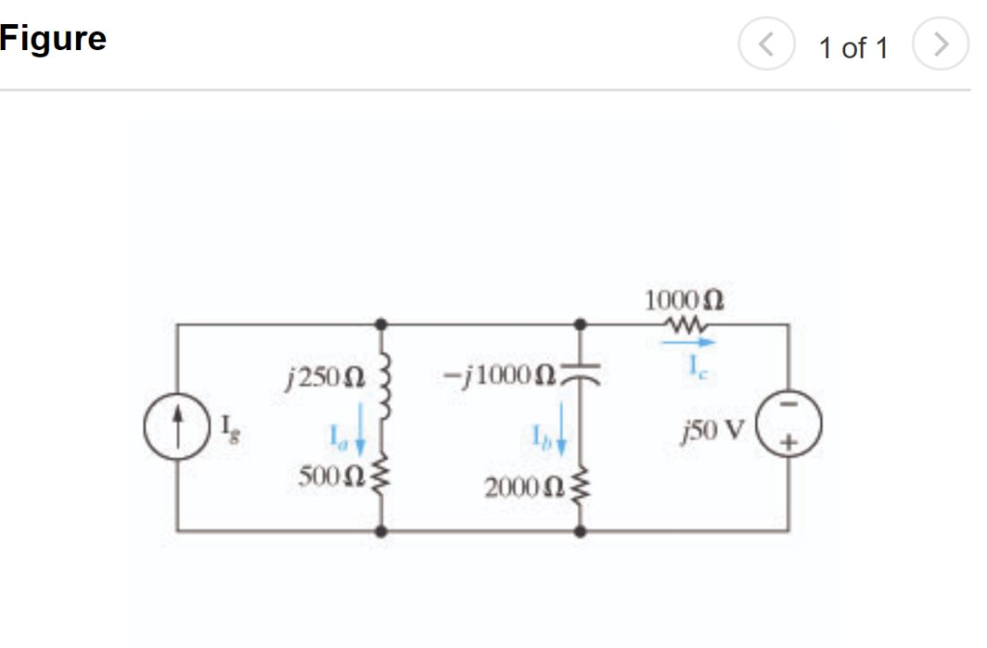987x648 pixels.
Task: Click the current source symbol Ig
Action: click(x=176, y=428)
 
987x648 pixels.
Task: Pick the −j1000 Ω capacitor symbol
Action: click(x=579, y=372)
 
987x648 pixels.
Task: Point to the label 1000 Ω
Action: click(x=684, y=299)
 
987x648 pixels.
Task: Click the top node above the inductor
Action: click(x=384, y=325)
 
